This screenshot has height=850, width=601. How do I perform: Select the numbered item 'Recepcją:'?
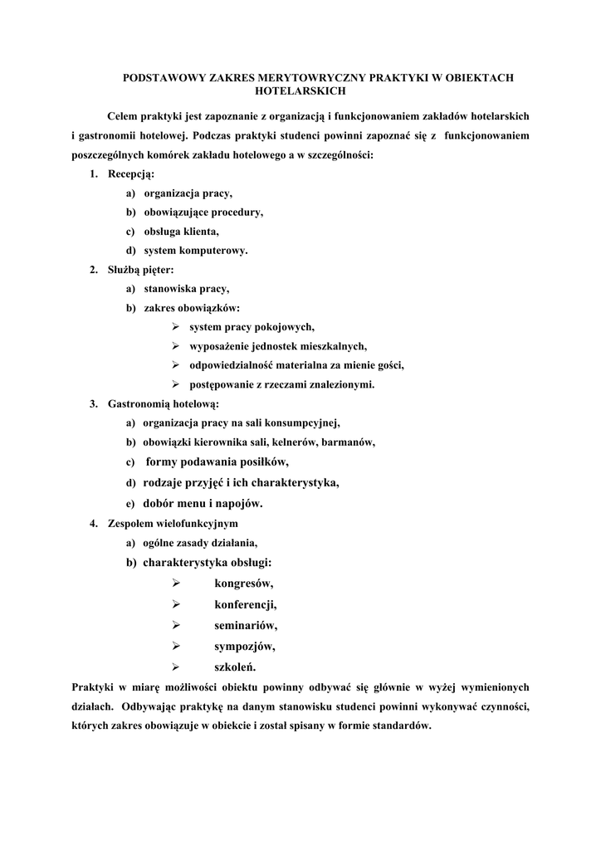(131, 173)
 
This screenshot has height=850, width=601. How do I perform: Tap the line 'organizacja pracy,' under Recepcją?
(188, 193)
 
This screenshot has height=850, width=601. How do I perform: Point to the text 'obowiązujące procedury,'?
(203, 212)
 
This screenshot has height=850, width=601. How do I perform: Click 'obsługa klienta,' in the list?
(182, 231)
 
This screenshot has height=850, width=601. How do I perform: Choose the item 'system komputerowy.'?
(195, 250)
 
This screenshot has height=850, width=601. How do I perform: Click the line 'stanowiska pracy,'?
(186, 288)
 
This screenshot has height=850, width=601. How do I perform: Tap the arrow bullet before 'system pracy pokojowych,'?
(176, 326)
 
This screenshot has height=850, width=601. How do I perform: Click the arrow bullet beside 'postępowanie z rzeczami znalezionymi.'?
(176, 383)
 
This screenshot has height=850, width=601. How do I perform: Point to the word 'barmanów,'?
(349, 442)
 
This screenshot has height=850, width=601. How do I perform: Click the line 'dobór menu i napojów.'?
(203, 503)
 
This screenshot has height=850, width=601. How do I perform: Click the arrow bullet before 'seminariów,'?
(176, 625)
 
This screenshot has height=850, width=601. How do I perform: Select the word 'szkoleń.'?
(236, 667)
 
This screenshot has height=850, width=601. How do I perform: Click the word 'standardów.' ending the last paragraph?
(403, 725)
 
